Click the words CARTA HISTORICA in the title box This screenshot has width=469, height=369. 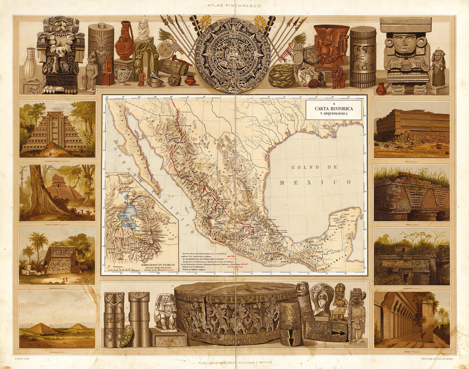pyautogui.click(x=333, y=109)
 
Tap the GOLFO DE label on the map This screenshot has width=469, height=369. pyautogui.click(x=314, y=167)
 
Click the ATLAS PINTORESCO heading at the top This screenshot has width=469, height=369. pyautogui.click(x=234, y=6)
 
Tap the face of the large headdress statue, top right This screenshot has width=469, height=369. pyautogui.click(x=404, y=44)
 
